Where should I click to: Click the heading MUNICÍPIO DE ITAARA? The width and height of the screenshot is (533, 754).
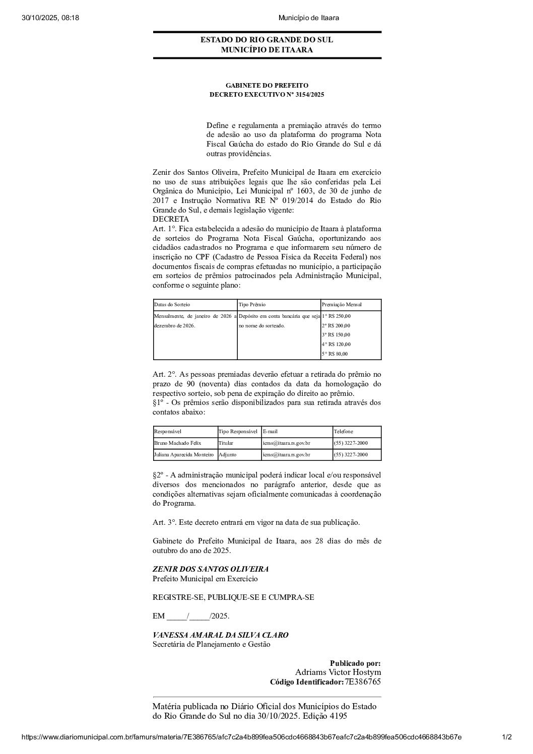[266, 50]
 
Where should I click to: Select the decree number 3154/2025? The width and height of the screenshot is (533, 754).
[310, 94]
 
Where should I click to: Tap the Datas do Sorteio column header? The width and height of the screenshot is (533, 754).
[172, 305]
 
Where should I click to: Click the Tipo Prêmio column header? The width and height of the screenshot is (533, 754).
[252, 305]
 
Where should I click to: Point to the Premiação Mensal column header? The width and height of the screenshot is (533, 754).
[342, 305]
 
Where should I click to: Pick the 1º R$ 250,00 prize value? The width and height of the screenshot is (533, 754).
[336, 316]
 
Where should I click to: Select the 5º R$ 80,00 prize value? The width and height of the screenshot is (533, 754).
[335, 354]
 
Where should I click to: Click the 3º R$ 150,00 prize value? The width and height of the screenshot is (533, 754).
[336, 335]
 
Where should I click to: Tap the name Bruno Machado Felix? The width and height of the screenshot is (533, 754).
[178, 443]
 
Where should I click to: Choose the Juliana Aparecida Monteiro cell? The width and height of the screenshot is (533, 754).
[184, 455]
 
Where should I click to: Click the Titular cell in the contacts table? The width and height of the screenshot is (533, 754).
[226, 443]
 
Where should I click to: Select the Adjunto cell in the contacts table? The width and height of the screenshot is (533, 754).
[227, 455]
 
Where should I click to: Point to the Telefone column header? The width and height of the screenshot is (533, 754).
[344, 432]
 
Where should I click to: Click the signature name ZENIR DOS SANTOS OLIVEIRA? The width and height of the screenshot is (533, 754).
[211, 569]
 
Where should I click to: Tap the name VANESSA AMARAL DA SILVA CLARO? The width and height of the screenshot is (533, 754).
[221, 635]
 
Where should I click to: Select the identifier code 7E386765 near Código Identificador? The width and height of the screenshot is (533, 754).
[363, 682]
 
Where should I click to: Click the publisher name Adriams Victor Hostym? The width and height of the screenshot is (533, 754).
[338, 672]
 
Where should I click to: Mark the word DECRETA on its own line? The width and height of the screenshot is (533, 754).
[171, 219]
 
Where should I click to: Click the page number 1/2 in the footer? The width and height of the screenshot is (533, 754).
[507, 737]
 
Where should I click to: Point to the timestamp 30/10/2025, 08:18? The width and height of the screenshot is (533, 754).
[51, 18]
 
